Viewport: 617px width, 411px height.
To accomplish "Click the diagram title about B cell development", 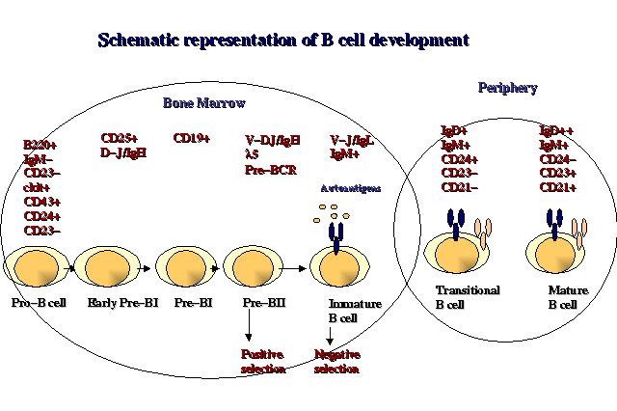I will [x=283, y=41].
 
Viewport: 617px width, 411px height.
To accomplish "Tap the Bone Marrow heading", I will [x=202, y=102].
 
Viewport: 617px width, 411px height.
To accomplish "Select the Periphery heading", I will [x=507, y=88].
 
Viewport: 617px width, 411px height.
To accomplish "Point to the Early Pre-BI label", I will [x=115, y=304].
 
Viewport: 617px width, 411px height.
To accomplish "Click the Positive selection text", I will [x=262, y=361].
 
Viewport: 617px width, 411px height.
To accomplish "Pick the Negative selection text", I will [x=337, y=361].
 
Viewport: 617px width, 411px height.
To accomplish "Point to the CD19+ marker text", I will [x=191, y=138].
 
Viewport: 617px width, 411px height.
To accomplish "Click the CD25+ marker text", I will [x=120, y=138].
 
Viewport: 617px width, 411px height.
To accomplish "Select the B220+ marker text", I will [x=40, y=145].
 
